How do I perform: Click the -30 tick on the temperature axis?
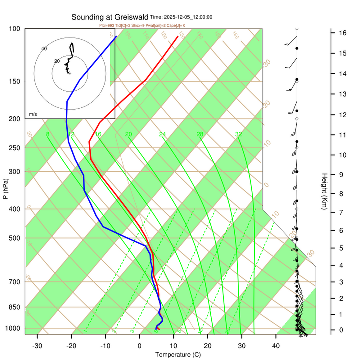point(37,345)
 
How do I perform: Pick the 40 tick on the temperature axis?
point(275,345)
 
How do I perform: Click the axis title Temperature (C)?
point(178,355)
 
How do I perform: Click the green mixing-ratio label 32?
point(239,134)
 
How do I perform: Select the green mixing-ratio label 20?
point(128,134)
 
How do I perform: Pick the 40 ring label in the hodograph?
point(44,48)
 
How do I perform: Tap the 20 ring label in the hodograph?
point(57,61)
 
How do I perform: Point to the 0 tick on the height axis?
point(341,330)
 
